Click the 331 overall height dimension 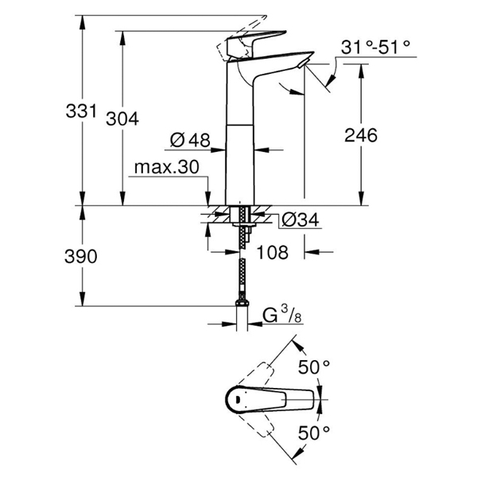(x=81, y=111)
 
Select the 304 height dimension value (x=122, y=118)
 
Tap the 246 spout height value (x=361, y=135)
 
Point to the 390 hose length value (x=80, y=257)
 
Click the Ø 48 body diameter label (x=190, y=140)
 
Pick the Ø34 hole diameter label (x=301, y=219)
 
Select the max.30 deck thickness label (x=167, y=167)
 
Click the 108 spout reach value (x=272, y=252)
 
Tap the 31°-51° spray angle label (x=375, y=47)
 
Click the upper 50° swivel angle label (x=314, y=367)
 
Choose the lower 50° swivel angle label (x=314, y=433)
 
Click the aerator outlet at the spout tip (x=302, y=64)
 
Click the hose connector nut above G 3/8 (x=242, y=303)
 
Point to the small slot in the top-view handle (x=238, y=399)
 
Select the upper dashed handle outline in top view (x=256, y=374)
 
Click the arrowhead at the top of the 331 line (x=82, y=22)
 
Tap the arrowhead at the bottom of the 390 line (x=82, y=299)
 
